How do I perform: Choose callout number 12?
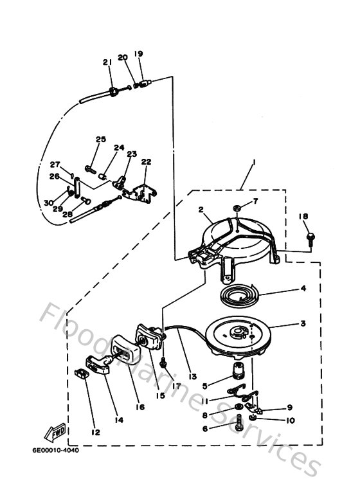coord(94,433)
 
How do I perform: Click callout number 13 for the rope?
coord(191,376)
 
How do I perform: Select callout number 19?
coord(138,53)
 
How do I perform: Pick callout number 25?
coord(100,140)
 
